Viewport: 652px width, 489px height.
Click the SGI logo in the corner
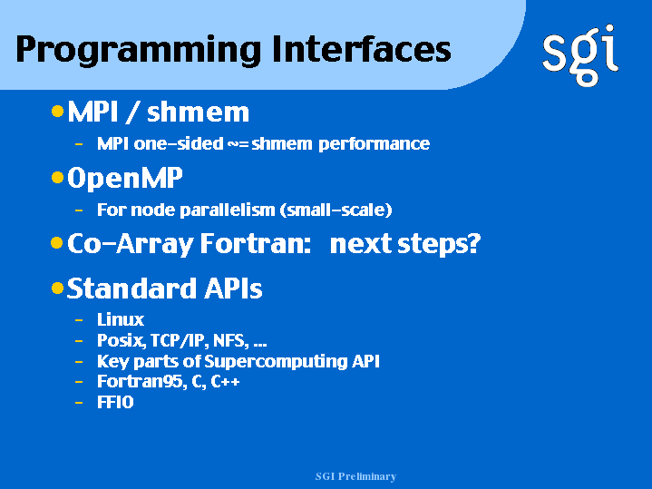point(580,55)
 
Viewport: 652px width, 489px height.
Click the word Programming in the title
point(139,51)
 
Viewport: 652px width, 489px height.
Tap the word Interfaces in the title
point(361,49)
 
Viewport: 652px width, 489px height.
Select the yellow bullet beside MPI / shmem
point(57,111)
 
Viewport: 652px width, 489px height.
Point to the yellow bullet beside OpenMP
point(57,178)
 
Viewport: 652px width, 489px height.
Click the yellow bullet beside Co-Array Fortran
point(57,242)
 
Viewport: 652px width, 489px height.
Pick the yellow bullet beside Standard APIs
point(57,288)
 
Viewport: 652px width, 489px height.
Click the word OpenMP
point(125,179)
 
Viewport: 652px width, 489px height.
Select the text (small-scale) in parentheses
point(336,210)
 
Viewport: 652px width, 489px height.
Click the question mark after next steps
point(473,242)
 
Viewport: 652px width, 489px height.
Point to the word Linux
point(121,319)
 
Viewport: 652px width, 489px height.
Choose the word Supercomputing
point(276,362)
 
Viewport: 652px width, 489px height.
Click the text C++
point(225,382)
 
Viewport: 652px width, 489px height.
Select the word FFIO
point(115,402)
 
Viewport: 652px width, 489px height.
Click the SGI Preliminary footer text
point(356,476)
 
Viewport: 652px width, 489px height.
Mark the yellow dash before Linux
point(79,320)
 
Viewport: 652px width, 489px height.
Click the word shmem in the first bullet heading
point(198,112)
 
